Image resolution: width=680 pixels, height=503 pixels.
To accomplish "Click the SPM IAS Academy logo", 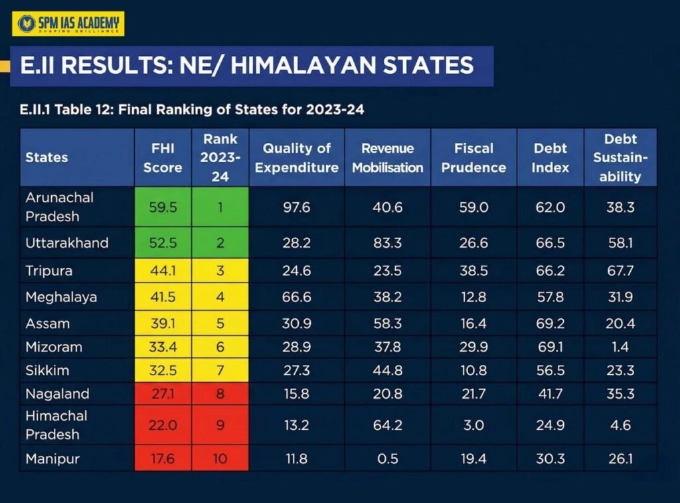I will click(69, 24).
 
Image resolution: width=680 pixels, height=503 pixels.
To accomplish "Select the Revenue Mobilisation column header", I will click(387, 157).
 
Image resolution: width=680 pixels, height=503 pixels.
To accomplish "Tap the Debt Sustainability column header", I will click(620, 157).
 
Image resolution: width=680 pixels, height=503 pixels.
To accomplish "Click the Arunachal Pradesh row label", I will click(60, 207).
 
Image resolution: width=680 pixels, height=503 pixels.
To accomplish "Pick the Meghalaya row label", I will click(61, 297).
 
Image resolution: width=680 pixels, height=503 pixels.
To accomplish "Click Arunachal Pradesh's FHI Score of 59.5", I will click(163, 207).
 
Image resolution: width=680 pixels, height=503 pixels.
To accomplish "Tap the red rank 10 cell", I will click(220, 458).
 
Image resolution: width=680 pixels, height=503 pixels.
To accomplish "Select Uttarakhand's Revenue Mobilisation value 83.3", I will click(387, 243).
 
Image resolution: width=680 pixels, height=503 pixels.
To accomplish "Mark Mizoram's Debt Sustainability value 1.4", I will click(620, 347).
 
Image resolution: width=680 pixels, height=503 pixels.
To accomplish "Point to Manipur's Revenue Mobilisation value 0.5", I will click(387, 458).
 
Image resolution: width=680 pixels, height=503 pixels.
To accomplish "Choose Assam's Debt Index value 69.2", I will click(550, 324).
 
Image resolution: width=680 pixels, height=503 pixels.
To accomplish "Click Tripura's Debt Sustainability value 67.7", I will click(620, 271).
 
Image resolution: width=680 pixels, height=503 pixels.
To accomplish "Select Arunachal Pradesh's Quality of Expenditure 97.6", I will click(296, 207).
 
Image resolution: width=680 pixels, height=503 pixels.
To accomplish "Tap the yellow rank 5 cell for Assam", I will click(220, 324).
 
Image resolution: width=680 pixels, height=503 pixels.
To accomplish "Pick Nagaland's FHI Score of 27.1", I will click(163, 393).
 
